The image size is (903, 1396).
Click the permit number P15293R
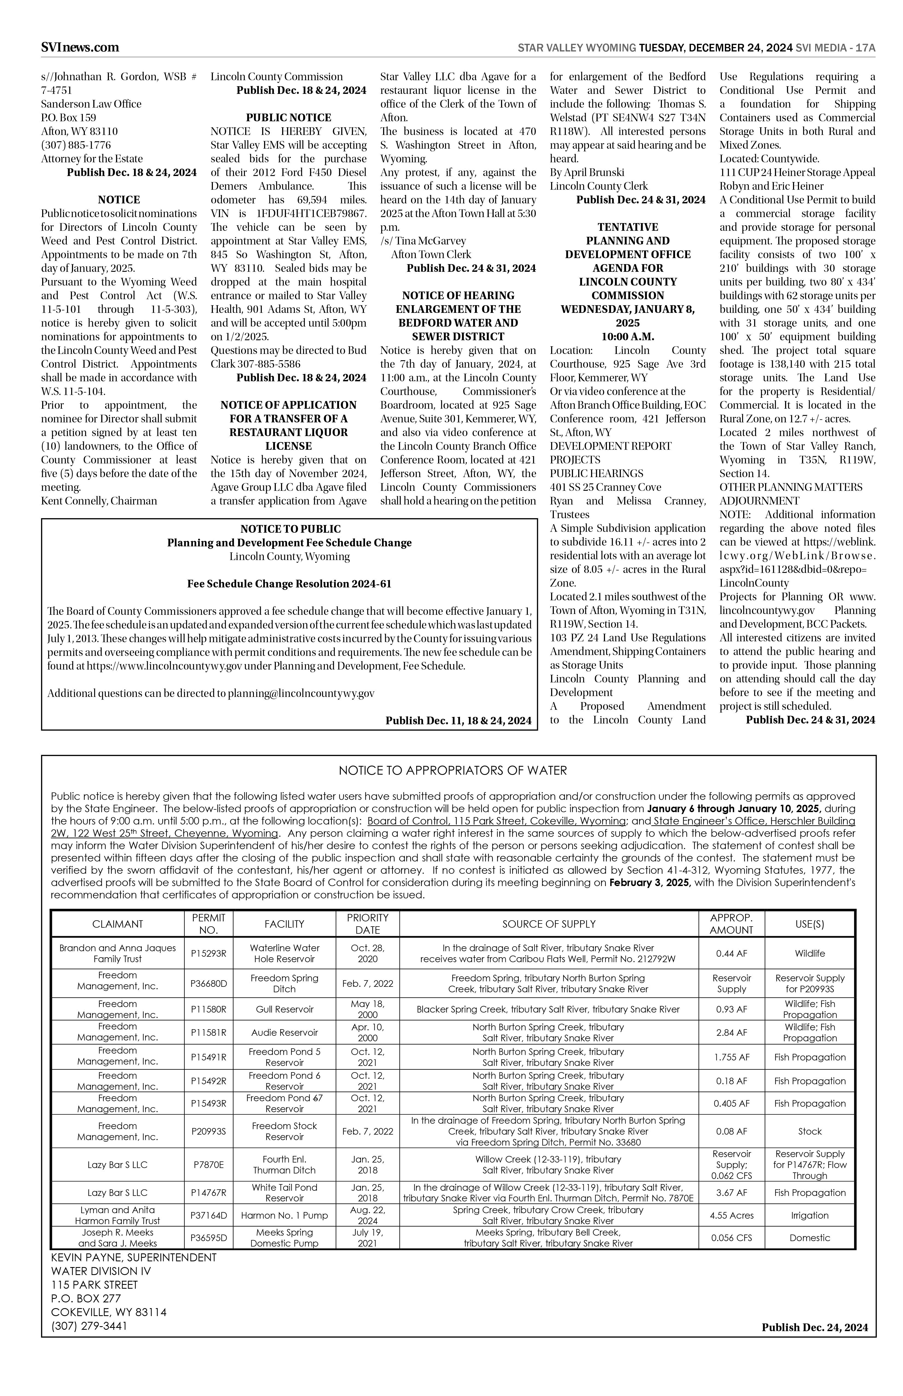pos(208,953)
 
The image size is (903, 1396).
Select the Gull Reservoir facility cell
pos(284,1009)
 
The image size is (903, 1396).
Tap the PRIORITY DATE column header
pos(368,924)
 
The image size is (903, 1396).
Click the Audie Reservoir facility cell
pos(284,1032)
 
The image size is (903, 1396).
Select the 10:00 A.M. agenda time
pos(627,337)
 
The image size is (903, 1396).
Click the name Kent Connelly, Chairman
pos(99,501)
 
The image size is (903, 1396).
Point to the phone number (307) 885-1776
pos(76,145)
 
